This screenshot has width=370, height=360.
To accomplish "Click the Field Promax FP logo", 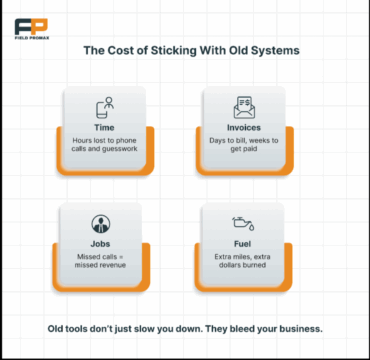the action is tap(31, 27).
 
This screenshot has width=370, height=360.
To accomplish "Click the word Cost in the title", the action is tap(118, 51).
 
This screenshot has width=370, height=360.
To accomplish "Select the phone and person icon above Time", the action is tap(105, 107).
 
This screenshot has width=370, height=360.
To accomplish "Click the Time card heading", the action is tap(104, 128).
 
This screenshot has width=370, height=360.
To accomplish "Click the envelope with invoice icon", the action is tap(244, 107).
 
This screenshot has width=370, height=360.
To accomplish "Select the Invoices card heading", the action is tap(244, 128).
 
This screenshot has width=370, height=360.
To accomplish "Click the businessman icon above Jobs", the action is tap(100, 224).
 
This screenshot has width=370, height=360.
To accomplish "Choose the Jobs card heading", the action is tap(100, 244).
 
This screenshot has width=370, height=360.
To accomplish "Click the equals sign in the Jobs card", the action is tap(121, 257).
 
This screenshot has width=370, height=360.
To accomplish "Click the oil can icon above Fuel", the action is tap(243, 223).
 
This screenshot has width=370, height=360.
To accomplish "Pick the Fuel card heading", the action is tap(243, 244).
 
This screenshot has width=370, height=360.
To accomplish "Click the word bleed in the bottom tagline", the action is tap(237, 329).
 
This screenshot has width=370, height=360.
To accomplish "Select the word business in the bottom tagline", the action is tap(301, 329).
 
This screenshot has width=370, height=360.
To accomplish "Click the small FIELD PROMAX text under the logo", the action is tap(32, 38).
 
